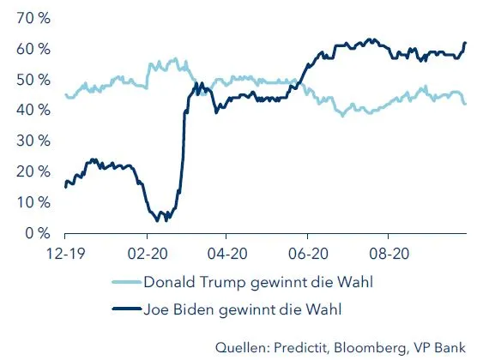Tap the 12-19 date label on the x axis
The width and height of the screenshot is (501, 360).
tap(65, 254)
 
